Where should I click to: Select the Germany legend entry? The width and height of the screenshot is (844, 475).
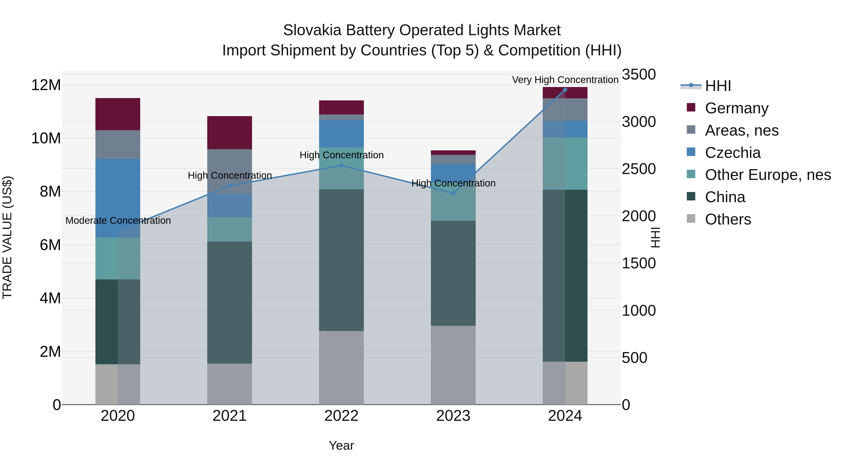coord(736,108)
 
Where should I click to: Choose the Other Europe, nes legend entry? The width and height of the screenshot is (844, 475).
coord(767,175)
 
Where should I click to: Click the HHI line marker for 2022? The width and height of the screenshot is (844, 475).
coord(341,166)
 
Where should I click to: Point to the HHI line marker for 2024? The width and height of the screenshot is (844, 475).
coord(565,90)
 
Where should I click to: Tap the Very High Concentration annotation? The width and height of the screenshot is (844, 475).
coord(565,80)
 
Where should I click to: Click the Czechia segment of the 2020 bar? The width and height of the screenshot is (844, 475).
coord(118,198)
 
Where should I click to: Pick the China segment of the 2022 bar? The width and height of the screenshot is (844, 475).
coord(341,260)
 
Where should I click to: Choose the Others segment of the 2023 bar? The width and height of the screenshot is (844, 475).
coord(453,365)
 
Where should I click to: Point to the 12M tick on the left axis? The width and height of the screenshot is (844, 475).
coord(46,85)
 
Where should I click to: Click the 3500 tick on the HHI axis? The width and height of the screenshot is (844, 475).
coord(639,74)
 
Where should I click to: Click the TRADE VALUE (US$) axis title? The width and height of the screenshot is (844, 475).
coord(7,237)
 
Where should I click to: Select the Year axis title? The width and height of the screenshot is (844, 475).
coord(341,445)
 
